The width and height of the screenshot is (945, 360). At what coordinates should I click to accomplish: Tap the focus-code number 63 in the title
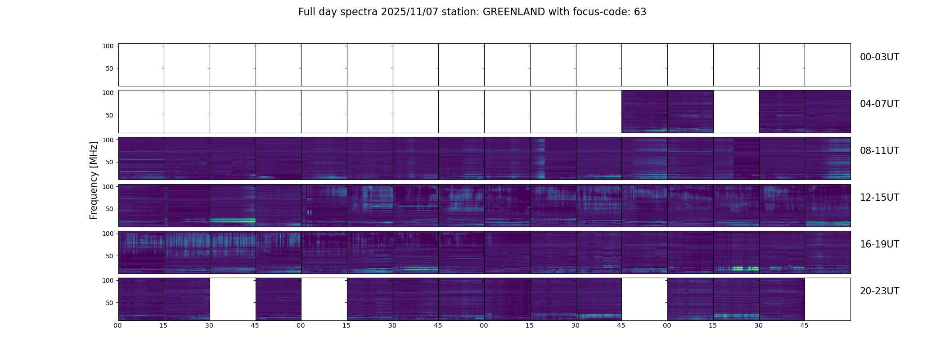(x=640, y=12)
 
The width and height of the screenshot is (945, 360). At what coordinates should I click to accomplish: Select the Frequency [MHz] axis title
(x=94, y=180)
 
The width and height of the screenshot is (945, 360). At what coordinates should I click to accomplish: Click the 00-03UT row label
(x=879, y=57)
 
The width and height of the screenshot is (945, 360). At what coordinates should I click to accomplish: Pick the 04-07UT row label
(x=879, y=104)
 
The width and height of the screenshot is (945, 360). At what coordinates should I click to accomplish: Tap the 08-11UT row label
(x=879, y=151)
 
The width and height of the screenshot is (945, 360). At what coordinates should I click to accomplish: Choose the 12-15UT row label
(x=879, y=198)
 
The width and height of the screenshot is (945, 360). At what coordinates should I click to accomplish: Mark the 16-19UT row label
(x=879, y=244)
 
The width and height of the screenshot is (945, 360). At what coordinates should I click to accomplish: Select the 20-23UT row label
(x=879, y=291)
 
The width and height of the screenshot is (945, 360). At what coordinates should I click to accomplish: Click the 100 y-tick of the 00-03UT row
(x=108, y=46)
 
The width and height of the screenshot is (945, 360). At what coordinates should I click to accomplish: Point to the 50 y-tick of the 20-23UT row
(x=109, y=303)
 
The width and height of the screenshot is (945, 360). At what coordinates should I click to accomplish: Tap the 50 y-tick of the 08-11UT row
(x=109, y=162)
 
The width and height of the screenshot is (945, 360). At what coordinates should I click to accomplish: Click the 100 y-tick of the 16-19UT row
(x=108, y=234)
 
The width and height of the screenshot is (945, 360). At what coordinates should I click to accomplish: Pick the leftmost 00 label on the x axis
(x=117, y=325)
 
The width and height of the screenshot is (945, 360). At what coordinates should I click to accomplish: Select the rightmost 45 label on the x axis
(x=804, y=325)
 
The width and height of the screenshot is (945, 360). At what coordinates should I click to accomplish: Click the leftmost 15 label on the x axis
(x=163, y=325)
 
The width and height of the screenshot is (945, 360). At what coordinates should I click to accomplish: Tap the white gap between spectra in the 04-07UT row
(x=736, y=112)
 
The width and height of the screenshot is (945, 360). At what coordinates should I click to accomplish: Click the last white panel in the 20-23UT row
(x=827, y=299)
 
